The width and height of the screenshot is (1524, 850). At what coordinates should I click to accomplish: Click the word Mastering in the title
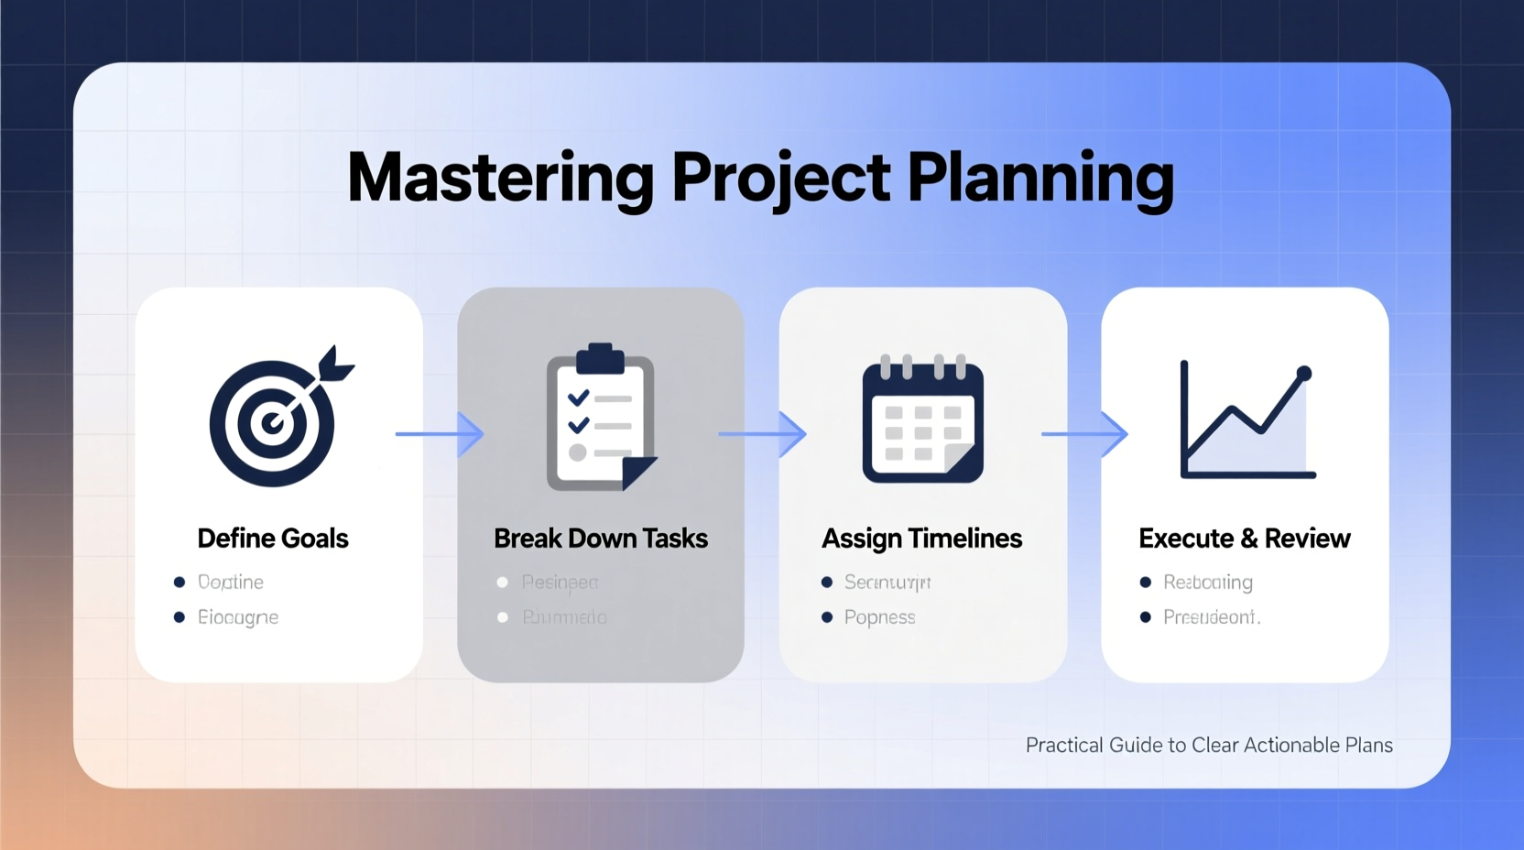point(500,178)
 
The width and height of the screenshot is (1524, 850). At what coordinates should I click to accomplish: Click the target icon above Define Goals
point(272,422)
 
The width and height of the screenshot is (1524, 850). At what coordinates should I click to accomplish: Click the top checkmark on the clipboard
point(578,398)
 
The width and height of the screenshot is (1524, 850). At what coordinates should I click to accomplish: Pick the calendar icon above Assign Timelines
point(922,420)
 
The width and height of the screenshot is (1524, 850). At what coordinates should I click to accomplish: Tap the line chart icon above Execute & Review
point(1246,420)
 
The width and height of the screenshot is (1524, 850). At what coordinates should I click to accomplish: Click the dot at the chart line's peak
point(1304,373)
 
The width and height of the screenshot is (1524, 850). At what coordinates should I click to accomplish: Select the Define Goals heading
point(273,539)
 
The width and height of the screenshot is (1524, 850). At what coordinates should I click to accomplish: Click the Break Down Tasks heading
point(600,539)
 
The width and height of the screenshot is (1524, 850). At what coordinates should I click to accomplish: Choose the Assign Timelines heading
point(921,539)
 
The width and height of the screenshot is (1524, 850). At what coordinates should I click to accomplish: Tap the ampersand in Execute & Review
point(1250,539)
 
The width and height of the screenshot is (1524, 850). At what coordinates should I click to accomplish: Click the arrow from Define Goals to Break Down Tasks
point(440,433)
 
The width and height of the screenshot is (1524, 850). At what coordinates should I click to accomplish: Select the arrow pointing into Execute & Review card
point(1084,433)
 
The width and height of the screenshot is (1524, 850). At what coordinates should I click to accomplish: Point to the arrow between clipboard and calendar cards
point(762,433)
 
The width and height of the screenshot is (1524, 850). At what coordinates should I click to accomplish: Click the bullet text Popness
point(879,617)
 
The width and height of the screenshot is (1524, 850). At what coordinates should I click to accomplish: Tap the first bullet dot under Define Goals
point(180,582)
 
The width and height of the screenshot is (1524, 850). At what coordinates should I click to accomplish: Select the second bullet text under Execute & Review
point(1211,617)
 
